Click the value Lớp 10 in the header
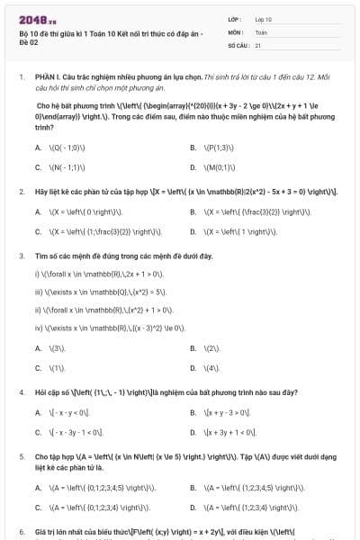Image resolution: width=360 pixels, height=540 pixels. [264, 18]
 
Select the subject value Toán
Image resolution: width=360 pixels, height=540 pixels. [261, 31]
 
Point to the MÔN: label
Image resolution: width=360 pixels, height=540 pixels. [236, 31]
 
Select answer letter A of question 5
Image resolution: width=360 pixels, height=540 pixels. [38, 487]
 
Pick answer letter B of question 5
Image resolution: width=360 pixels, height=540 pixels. [193, 487]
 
